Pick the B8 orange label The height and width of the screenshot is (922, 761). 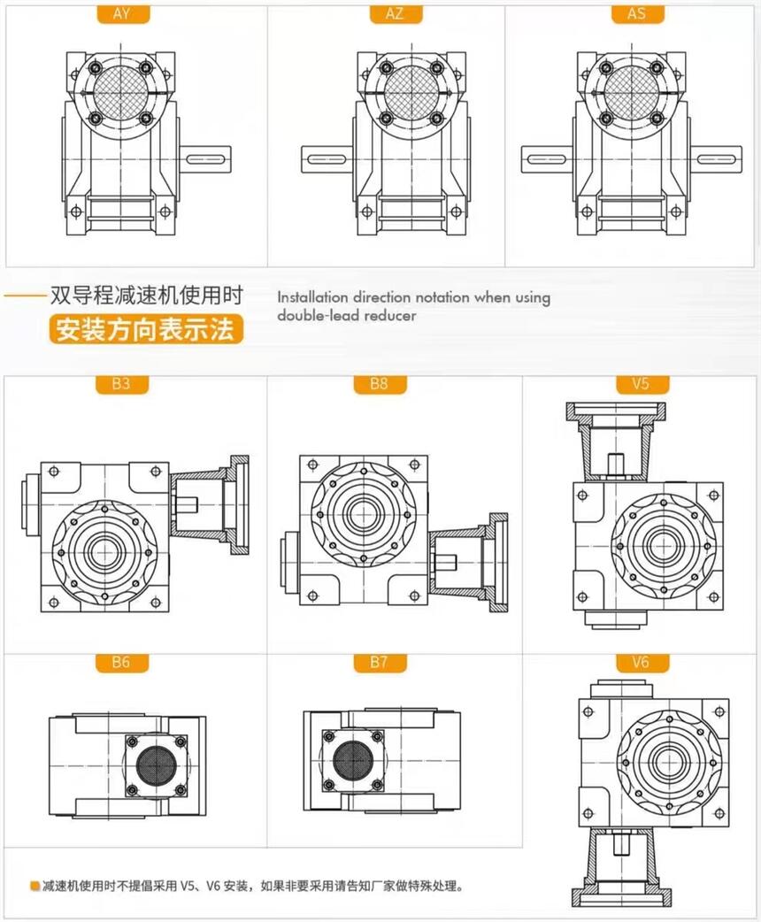tap(379, 385)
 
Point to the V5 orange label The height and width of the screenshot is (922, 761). tap(641, 385)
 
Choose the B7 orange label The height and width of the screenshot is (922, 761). tap(379, 662)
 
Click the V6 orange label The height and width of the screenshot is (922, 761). tap(641, 662)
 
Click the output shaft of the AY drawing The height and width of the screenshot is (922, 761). tap(207, 158)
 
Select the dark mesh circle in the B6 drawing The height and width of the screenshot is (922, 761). tap(157, 764)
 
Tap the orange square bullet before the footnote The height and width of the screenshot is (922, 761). tap(34, 885)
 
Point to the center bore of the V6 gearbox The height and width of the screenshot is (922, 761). tap(665, 758)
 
